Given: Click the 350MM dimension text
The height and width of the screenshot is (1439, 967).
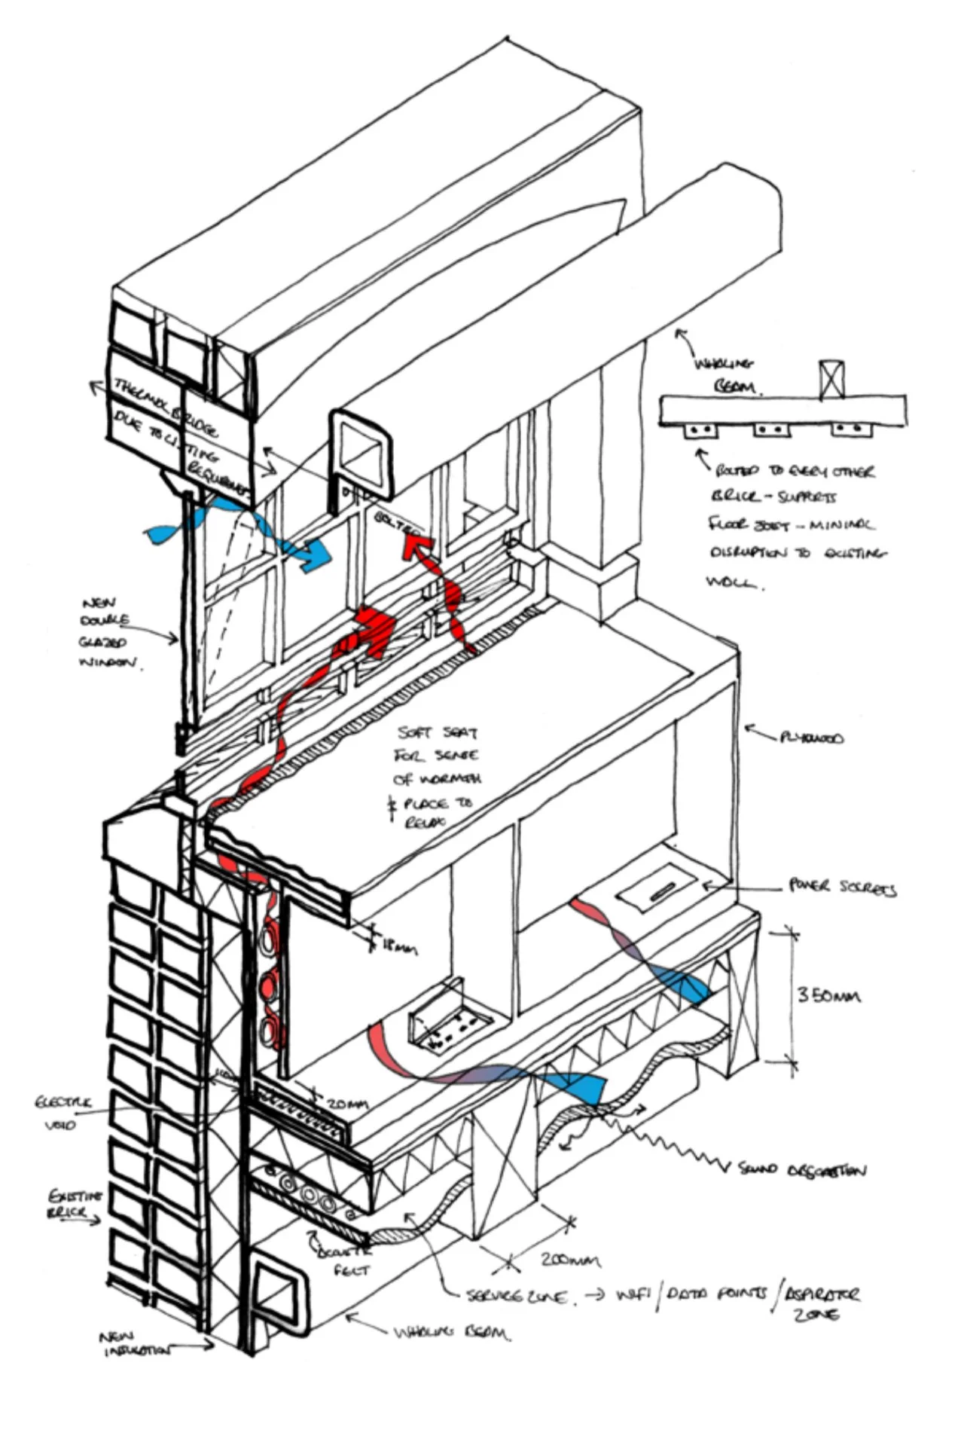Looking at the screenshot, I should [x=828, y=996].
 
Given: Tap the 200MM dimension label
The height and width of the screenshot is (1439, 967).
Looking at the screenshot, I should [x=570, y=1260].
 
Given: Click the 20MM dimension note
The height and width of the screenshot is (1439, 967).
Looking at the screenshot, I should [x=347, y=1104].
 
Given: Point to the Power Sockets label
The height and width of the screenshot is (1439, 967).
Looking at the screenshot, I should [x=842, y=887].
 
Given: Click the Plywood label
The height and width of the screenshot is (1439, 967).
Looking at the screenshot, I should [x=812, y=737].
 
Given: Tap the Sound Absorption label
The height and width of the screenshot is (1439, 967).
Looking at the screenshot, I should [x=802, y=1170].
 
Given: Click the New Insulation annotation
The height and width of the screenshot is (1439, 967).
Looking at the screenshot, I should [x=136, y=1344].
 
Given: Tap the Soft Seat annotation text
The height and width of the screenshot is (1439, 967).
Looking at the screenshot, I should [x=437, y=776].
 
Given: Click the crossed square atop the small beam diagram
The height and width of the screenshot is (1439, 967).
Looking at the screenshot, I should [x=831, y=379].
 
